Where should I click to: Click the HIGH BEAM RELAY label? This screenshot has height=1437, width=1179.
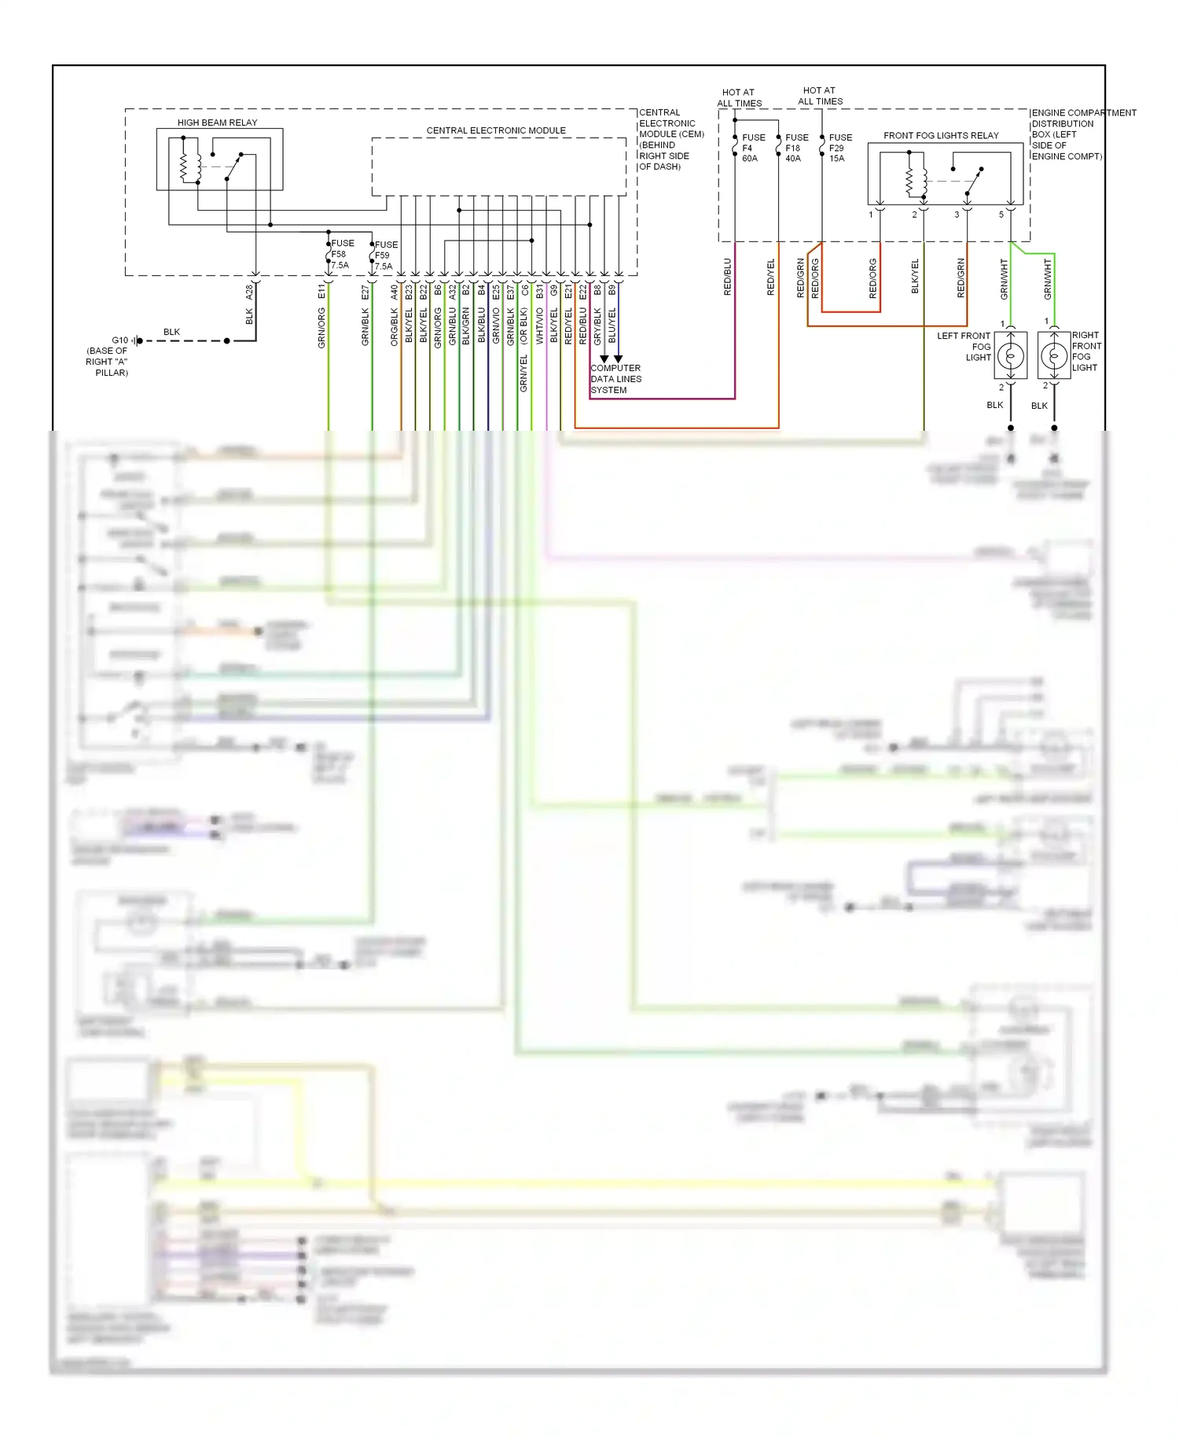click(x=217, y=123)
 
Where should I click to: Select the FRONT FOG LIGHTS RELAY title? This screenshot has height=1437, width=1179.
click(x=941, y=135)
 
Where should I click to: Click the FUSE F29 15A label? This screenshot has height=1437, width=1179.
click(x=839, y=148)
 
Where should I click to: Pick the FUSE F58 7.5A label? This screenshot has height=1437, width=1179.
click(x=341, y=254)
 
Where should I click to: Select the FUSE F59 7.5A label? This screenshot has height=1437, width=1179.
click(x=385, y=255)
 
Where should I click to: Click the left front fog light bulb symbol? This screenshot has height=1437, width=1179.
click(x=1011, y=356)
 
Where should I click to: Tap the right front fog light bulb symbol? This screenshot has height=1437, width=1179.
click(x=1054, y=356)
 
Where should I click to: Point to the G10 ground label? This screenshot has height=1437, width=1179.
click(x=119, y=340)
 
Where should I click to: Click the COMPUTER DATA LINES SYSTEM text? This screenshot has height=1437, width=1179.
click(x=615, y=379)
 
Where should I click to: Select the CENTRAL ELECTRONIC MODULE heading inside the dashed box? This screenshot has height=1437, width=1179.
click(x=496, y=130)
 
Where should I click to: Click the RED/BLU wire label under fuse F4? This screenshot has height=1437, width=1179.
click(x=727, y=277)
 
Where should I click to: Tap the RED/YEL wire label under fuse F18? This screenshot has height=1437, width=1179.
click(x=770, y=277)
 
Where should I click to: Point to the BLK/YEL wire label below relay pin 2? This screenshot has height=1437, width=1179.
click(x=915, y=277)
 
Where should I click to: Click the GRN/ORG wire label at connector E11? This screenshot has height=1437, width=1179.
click(x=321, y=328)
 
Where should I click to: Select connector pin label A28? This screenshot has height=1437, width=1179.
click(x=249, y=292)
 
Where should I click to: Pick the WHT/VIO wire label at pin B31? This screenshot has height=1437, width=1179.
click(x=540, y=325)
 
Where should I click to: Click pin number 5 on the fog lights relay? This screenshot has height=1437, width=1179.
click(x=1001, y=215)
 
